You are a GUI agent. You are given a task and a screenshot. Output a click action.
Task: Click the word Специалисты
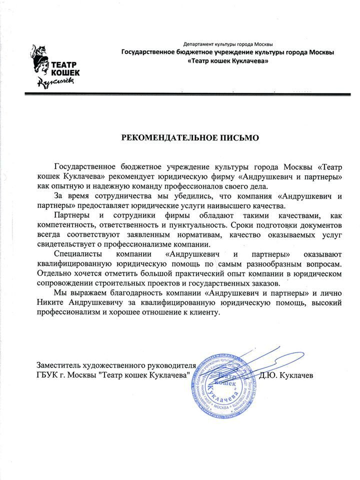tap(76, 254)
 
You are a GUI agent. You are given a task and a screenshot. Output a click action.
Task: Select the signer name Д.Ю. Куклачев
tap(285, 374)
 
